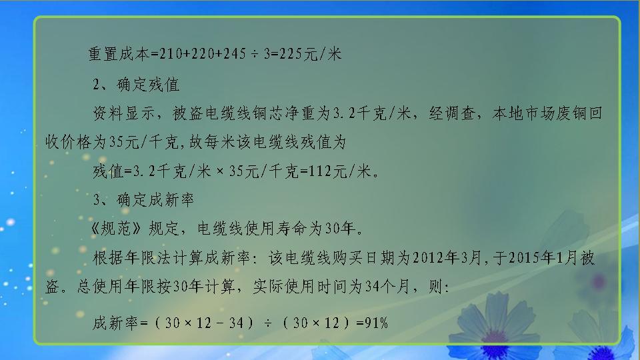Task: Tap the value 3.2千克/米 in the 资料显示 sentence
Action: [x=369, y=114]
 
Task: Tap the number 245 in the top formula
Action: [x=235, y=54]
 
